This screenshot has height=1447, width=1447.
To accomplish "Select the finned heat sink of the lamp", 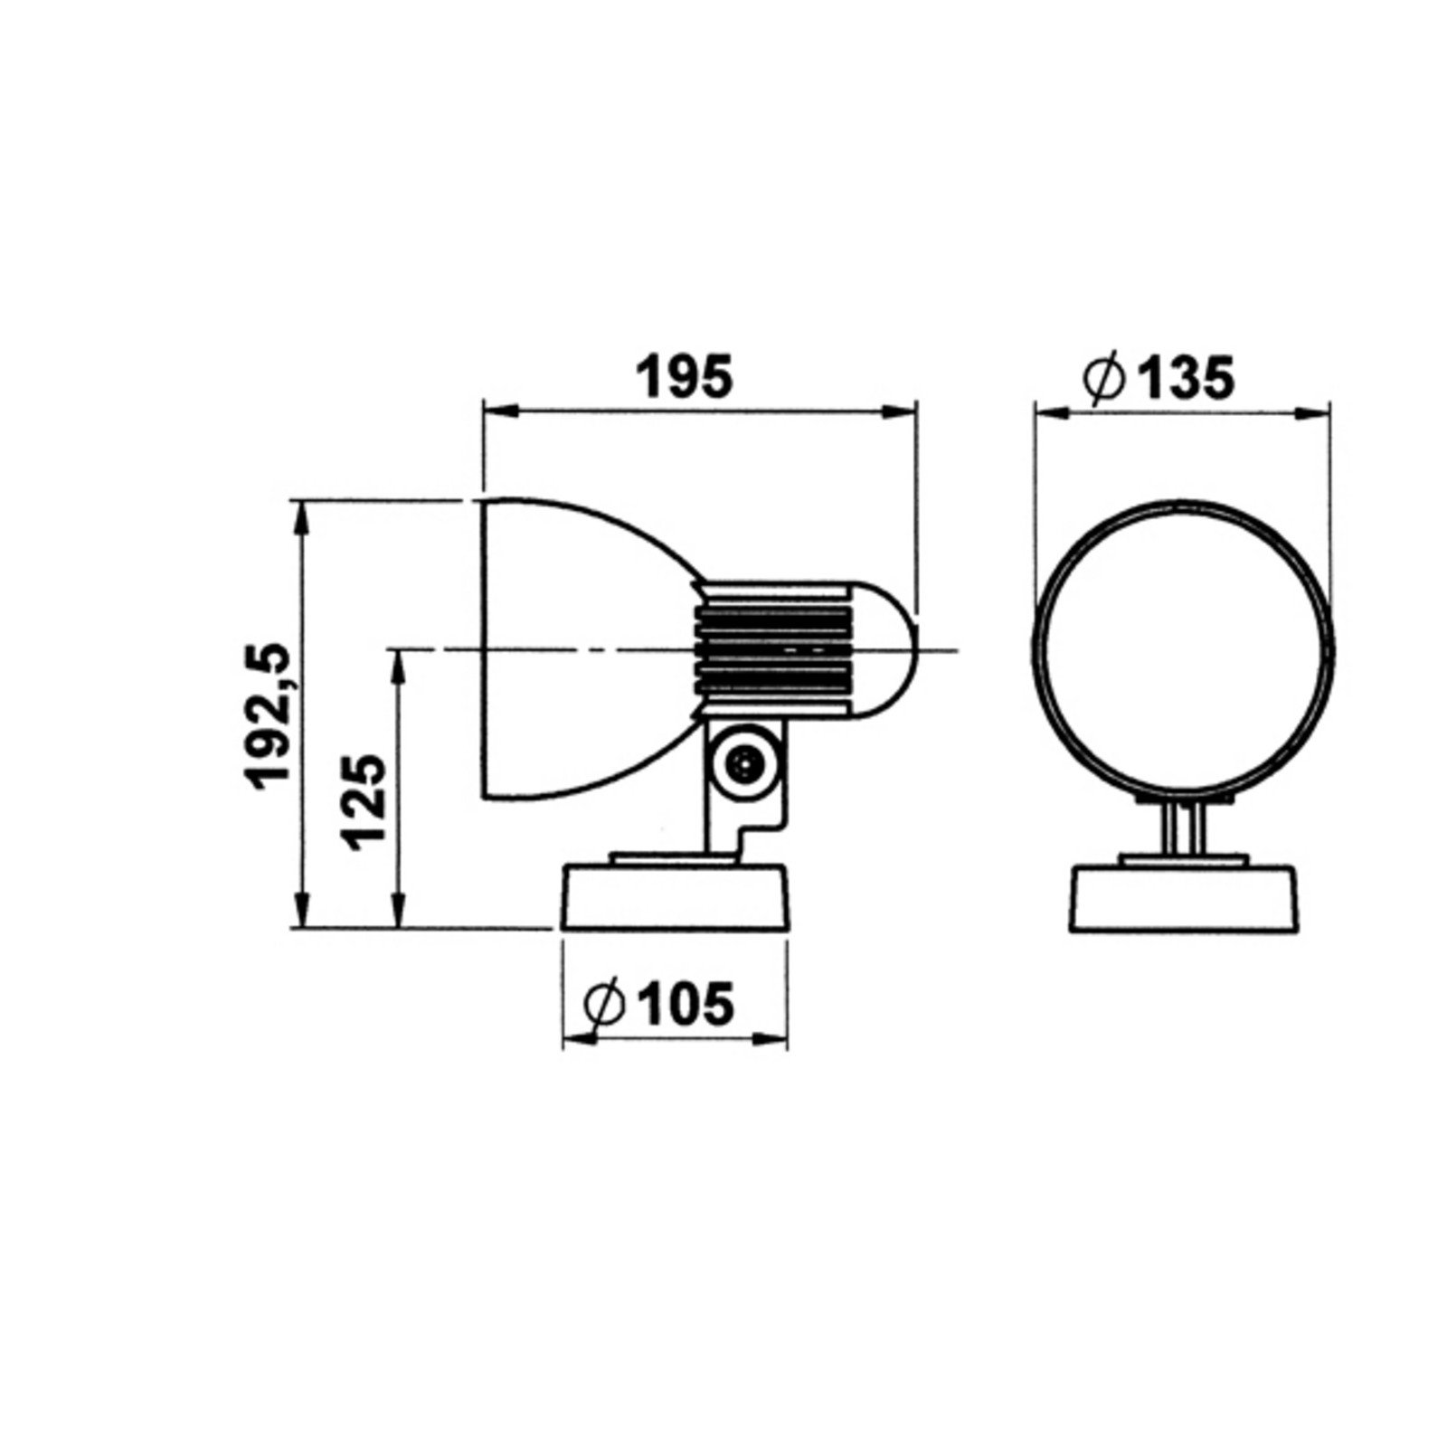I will [x=773, y=649].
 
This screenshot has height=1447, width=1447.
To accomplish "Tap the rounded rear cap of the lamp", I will [x=886, y=649].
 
